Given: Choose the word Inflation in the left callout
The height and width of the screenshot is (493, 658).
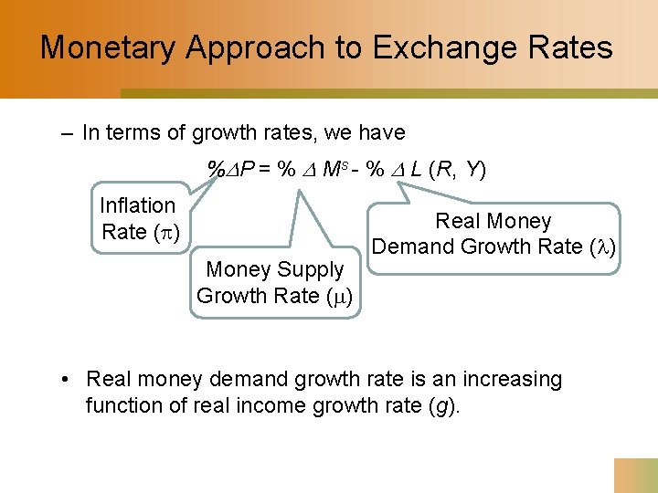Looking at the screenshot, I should pos(137,205).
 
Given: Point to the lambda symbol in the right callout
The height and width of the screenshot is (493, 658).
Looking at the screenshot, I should pos(603,246).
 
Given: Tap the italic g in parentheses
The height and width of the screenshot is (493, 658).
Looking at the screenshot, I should pos(442,405).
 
